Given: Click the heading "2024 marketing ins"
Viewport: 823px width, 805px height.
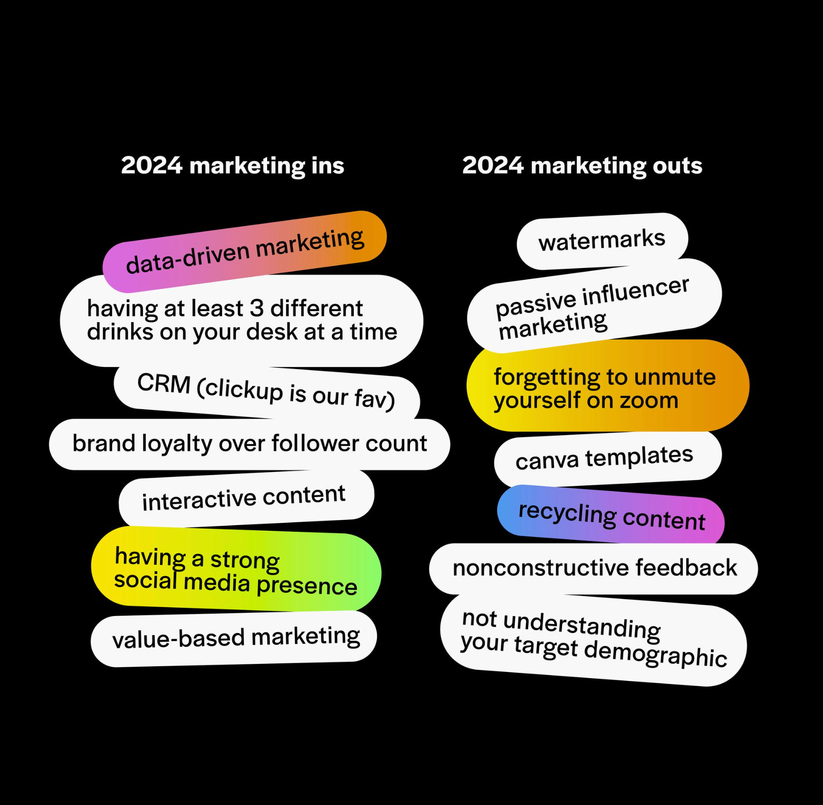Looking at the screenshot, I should click(233, 166).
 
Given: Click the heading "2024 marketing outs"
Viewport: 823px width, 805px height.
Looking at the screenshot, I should click(582, 166).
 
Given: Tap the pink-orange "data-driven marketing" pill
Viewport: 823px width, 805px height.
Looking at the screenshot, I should click(244, 251).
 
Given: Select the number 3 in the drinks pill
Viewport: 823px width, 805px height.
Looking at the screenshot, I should click(256, 308).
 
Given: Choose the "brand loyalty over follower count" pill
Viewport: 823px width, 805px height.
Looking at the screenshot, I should click(250, 444).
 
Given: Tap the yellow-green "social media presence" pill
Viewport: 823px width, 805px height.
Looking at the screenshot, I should click(235, 570).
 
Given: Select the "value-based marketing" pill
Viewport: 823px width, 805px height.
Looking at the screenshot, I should click(235, 637).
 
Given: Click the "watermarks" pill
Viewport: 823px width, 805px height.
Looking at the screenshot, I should click(601, 240).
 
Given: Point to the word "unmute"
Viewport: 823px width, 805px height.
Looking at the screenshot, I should click(675, 377).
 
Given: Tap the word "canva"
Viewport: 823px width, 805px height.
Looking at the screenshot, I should click(547, 461).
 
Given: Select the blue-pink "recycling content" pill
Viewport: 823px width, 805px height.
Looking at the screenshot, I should click(611, 515).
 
